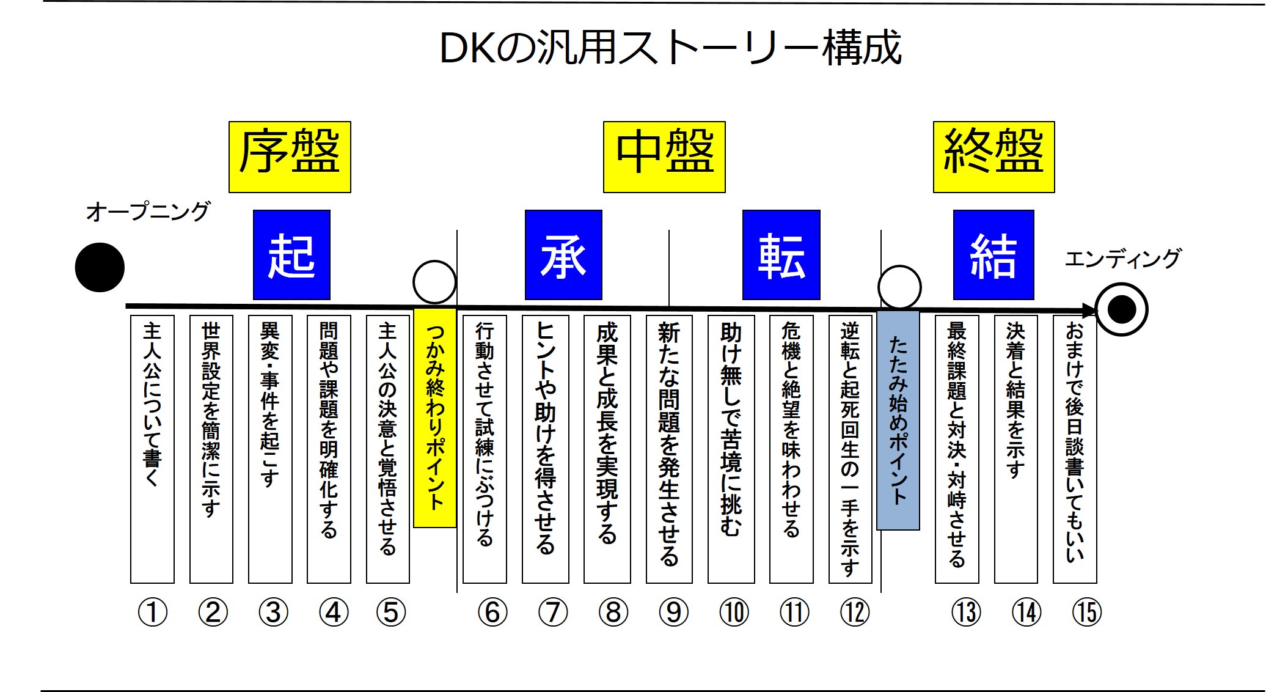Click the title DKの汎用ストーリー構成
pos(670,48)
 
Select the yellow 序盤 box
pos(290,157)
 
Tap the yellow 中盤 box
pos(664,157)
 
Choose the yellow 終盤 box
pos(994,157)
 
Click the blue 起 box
pos(291,255)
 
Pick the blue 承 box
pos(563,255)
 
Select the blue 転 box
pos(781,255)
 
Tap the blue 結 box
pos(993,255)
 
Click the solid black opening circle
pos(100,267)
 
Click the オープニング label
pos(148,212)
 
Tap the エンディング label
pos(1123,259)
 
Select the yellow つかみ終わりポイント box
pos(435,418)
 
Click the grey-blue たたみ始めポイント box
pos(898,420)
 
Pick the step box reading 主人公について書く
pos(152,449)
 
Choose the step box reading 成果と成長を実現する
pos(607,449)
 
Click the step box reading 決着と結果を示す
pos(1015,449)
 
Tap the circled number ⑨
pos(674,612)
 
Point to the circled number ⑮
pos(1087,612)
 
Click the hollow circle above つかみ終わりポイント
pos(434,282)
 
